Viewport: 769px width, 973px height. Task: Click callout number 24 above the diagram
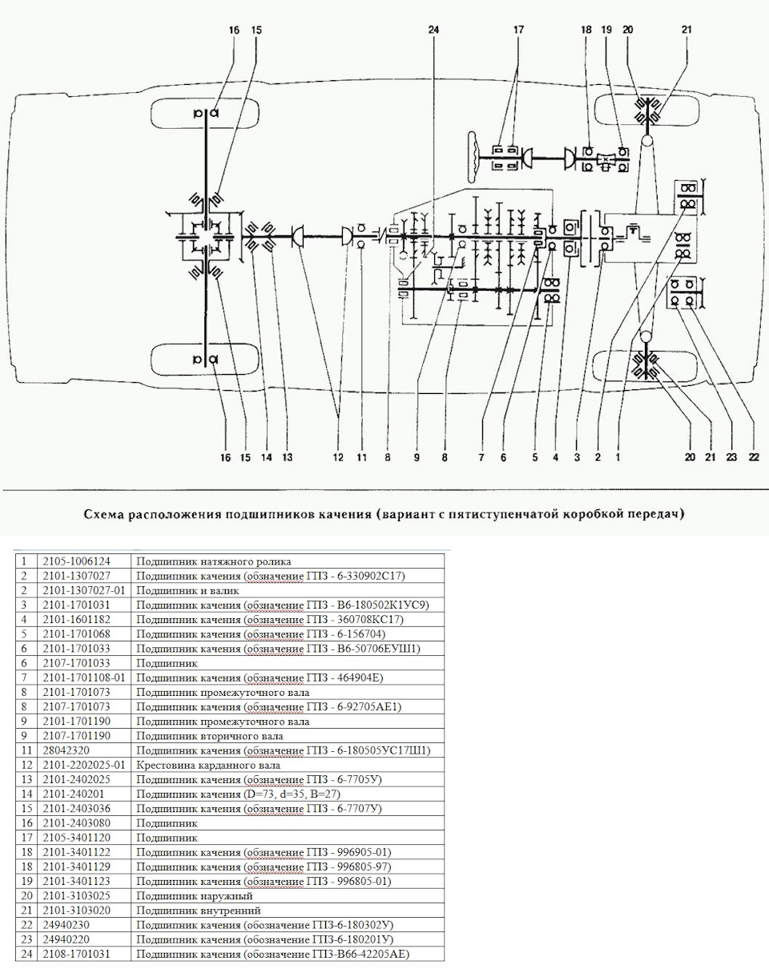[433, 30]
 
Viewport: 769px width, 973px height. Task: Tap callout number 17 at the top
[518, 30]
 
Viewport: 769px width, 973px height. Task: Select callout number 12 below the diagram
[338, 457]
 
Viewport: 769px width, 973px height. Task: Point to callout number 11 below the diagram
[361, 457]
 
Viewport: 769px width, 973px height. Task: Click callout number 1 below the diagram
[618, 457]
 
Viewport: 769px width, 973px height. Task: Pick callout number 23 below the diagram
[731, 457]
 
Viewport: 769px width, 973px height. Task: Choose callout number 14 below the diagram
[266, 457]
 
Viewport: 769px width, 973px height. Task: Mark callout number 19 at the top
[606, 30]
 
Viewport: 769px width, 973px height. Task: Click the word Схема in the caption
[107, 513]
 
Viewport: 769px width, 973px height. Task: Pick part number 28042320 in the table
[63, 750]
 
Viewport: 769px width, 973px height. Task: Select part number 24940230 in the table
[63, 925]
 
